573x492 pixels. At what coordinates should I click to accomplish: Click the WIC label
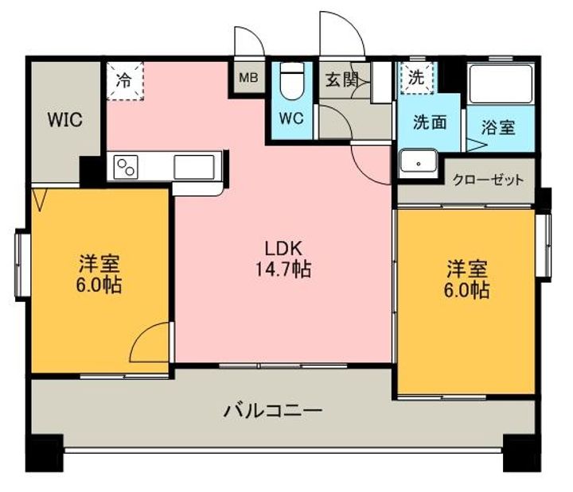65,119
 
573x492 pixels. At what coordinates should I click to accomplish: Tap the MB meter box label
248,77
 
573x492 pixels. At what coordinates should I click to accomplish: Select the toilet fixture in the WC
291,80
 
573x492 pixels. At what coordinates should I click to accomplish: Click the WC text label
291,118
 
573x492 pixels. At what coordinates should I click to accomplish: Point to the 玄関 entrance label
342,79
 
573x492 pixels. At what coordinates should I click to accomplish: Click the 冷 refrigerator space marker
125,80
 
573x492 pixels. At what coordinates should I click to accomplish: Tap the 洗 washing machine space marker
416,77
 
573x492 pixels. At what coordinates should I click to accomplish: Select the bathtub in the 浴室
501,84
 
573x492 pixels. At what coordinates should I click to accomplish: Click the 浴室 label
498,127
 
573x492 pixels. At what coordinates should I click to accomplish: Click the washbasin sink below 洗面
419,161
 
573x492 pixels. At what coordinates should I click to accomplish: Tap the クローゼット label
488,180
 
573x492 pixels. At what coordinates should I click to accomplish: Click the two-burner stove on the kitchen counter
126,167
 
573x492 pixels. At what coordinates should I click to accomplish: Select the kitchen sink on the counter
194,167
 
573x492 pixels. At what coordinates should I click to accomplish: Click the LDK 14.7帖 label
283,259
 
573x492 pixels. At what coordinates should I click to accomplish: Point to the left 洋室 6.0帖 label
99,274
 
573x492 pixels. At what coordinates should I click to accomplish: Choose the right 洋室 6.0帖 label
466,280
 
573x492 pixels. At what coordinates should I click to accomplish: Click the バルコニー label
273,411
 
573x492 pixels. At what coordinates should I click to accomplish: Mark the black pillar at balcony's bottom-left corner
45,453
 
